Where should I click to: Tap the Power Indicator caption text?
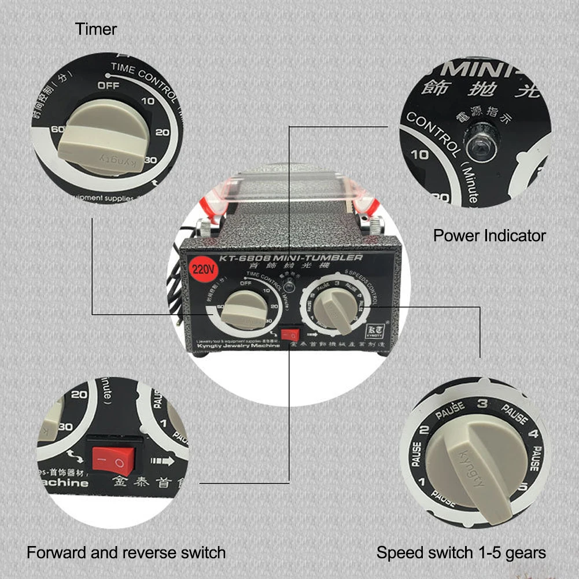(489, 236)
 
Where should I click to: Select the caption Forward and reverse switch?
(126, 552)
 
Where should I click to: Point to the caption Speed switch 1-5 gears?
(461, 552)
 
